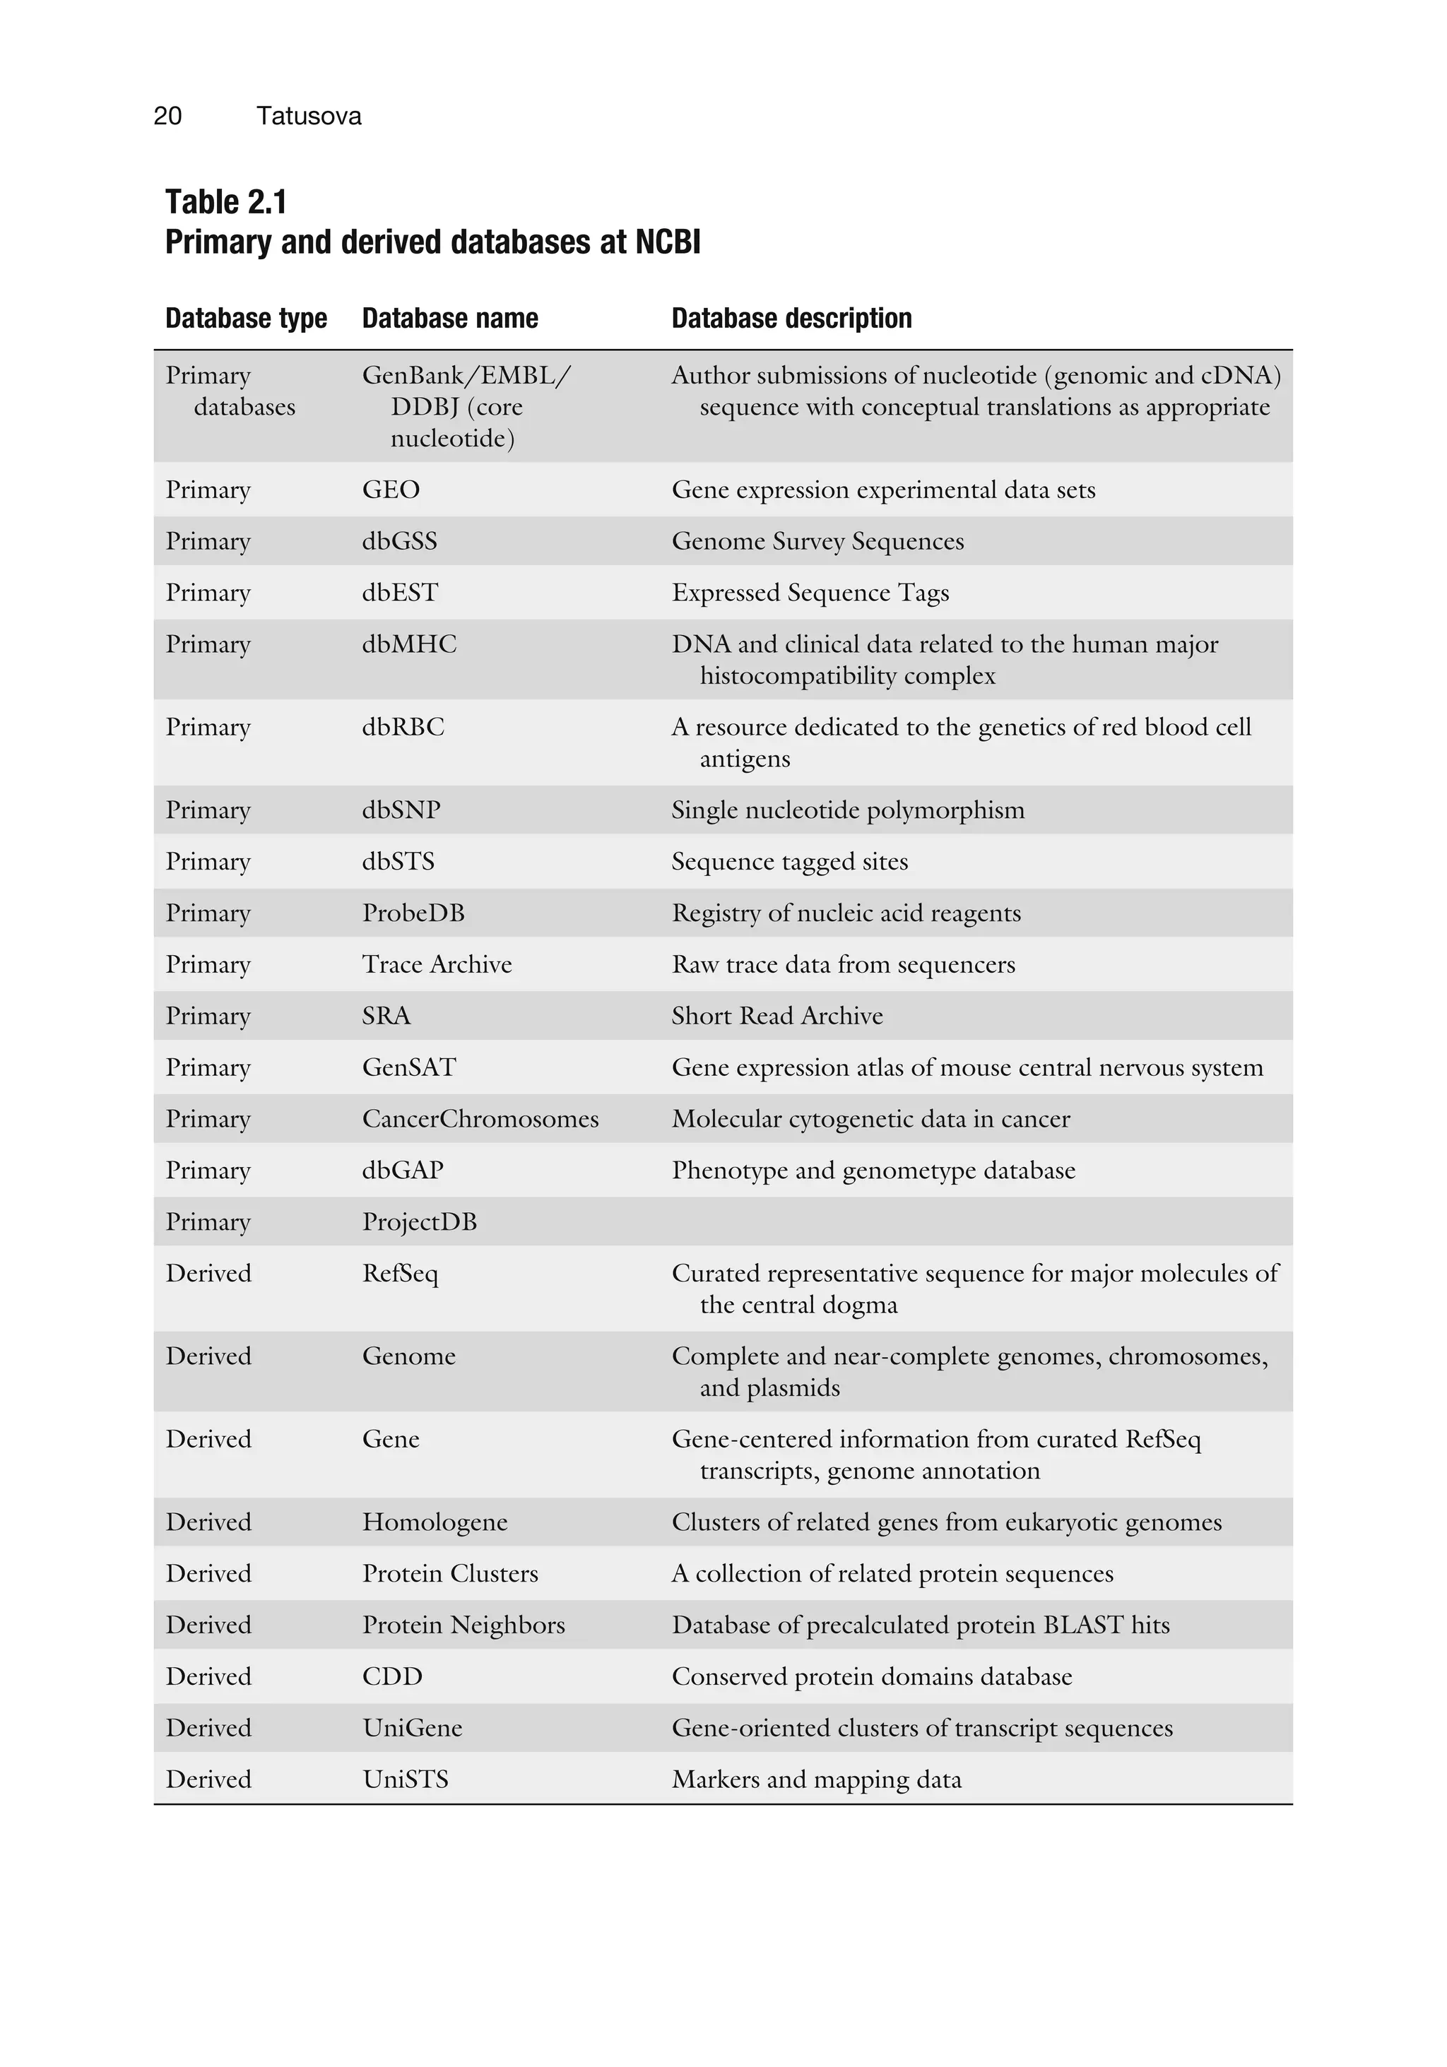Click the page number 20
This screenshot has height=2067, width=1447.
(x=167, y=116)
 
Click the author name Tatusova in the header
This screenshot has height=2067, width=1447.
(x=308, y=116)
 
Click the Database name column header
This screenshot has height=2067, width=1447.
(x=449, y=319)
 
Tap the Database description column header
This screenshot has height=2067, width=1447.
(x=791, y=319)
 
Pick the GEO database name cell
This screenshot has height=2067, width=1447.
(x=391, y=490)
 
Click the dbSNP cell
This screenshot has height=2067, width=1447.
(x=401, y=810)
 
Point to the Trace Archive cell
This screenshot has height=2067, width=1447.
(x=437, y=964)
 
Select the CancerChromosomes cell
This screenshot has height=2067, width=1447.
(x=480, y=1119)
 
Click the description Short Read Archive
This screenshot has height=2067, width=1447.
(x=776, y=1016)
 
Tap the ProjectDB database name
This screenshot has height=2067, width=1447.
(x=419, y=1221)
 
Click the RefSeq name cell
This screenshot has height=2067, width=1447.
(x=400, y=1274)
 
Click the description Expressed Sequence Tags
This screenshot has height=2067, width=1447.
(x=810, y=593)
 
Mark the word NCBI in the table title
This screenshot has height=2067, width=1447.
(x=667, y=243)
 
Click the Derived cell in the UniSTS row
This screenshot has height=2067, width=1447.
(x=208, y=1779)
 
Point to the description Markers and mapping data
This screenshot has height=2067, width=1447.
(x=816, y=1779)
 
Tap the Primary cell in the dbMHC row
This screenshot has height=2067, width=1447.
(x=207, y=644)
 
